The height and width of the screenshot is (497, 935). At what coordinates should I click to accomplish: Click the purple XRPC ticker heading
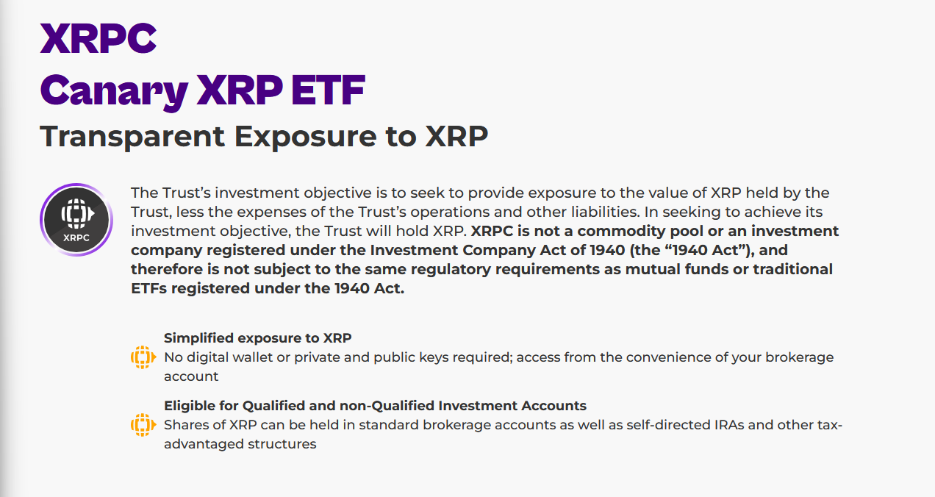(x=98, y=38)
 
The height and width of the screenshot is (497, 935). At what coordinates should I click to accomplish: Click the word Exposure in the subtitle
(x=306, y=137)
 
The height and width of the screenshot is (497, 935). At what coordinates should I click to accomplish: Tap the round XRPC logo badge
(x=76, y=220)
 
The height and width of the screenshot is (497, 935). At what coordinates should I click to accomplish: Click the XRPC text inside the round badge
(x=76, y=237)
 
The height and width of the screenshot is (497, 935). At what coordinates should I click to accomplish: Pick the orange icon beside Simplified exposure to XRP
(x=143, y=357)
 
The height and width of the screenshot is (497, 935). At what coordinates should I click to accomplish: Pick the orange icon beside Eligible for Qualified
(x=143, y=425)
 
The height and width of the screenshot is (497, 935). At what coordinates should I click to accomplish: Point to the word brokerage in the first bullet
(x=799, y=358)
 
